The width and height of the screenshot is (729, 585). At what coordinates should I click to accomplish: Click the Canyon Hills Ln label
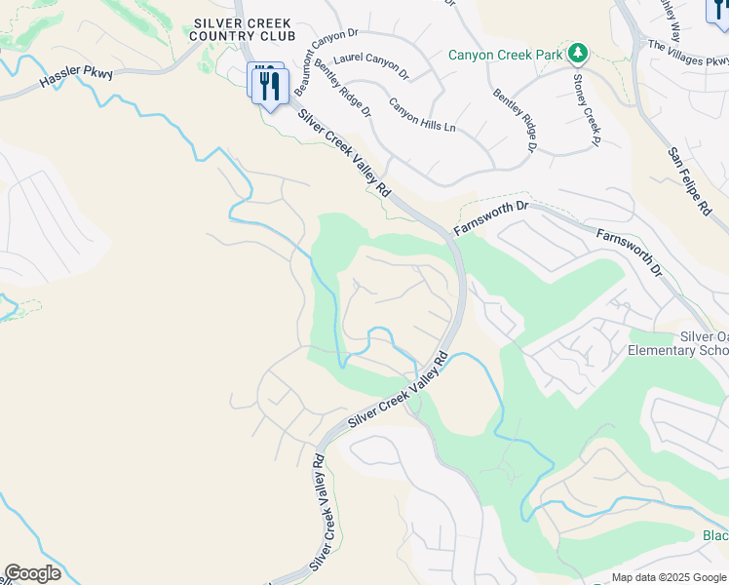click(x=422, y=114)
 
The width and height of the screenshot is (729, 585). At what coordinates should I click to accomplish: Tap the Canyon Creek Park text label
click(x=505, y=55)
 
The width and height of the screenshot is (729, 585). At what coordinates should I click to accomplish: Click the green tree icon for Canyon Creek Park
click(x=578, y=52)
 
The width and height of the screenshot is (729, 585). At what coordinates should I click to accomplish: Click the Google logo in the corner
click(x=32, y=573)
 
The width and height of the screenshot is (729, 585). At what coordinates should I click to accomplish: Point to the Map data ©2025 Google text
click(x=670, y=577)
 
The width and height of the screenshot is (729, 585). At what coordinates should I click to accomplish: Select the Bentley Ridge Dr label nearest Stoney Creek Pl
click(x=515, y=120)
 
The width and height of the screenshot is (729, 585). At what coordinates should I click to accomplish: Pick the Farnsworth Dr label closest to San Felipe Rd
click(x=629, y=252)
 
